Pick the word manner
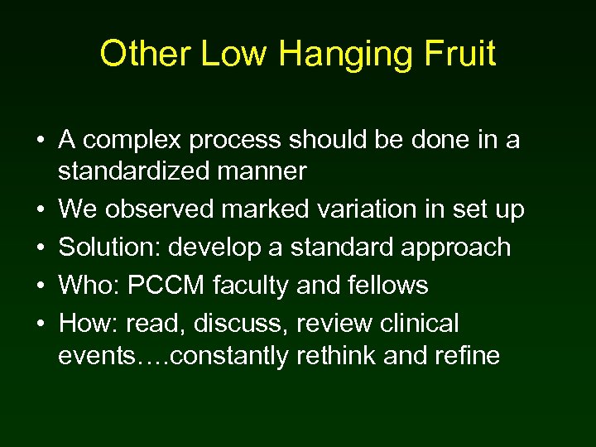click(x=265, y=172)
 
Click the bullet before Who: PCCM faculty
click(x=40, y=286)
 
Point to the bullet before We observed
click(x=40, y=211)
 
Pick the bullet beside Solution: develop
click(x=40, y=248)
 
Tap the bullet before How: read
click(x=40, y=324)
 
